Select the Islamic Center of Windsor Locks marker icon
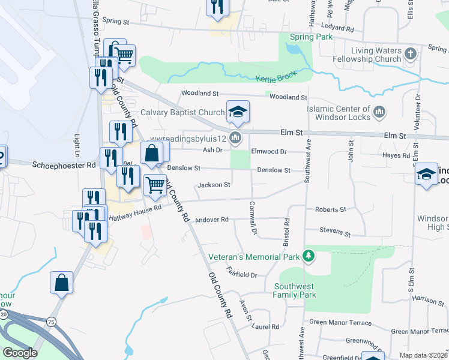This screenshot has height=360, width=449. point(379,112)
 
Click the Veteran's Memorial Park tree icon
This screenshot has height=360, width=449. point(309,256)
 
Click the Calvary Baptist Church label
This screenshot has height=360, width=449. point(182,112)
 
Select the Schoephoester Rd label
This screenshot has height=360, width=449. point(64,164)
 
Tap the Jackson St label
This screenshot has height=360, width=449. point(214,185)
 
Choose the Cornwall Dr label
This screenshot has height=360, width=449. point(253,218)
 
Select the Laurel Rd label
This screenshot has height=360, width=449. point(266,327)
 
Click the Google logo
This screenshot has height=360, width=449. point(20,353)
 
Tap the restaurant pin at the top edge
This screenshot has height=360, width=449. point(217,7)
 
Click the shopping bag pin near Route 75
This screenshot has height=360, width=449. point(62,284)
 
